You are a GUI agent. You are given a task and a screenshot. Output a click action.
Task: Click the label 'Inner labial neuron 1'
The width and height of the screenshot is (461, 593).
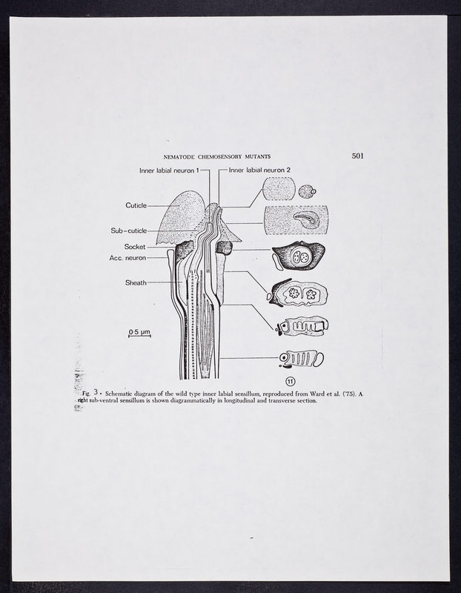click(x=169, y=170)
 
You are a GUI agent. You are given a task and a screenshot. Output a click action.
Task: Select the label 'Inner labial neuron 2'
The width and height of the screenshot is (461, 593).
click(x=259, y=170)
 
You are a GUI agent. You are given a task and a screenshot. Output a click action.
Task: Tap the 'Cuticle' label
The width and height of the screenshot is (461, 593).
click(x=136, y=205)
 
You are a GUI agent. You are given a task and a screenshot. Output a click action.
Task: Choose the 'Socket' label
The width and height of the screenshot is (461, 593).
click(x=135, y=246)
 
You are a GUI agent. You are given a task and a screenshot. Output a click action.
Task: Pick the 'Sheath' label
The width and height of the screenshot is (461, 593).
click(x=136, y=282)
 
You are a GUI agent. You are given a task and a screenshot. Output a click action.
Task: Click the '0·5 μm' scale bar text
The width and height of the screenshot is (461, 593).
click(x=139, y=331)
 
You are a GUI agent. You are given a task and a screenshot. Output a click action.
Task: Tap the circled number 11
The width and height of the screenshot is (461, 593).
click(x=290, y=381)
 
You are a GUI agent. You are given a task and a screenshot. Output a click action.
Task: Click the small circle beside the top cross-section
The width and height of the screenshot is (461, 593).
click(x=305, y=192)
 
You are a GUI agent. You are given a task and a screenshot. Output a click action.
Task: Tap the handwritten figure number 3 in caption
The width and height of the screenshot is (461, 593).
click(x=96, y=391)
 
